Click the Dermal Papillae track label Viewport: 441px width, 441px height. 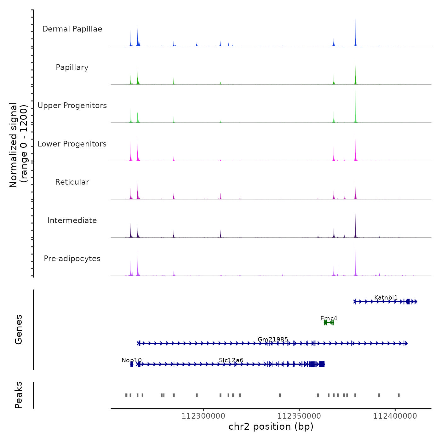tap(72, 29)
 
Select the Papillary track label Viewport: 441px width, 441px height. tap(72, 67)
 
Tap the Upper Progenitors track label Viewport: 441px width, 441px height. tap(72, 106)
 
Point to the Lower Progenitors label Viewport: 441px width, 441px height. tap(72, 144)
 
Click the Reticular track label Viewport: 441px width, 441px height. tap(72, 182)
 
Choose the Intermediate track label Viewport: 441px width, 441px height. tap(72, 220)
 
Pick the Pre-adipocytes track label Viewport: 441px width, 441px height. tap(72, 259)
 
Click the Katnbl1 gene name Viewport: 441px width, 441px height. tap(386, 298)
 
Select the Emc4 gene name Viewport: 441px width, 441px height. tap(329, 318)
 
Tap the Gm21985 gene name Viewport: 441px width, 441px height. tap(273, 339)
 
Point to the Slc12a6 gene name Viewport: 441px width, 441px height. tap(231, 360)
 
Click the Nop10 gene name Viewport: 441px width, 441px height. tap(132, 360)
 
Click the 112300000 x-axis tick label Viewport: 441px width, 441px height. tap(203, 416)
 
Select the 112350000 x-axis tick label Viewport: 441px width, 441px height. tap(299, 416)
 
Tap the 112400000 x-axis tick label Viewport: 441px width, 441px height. tap(395, 416)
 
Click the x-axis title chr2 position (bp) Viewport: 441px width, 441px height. tap(271, 427)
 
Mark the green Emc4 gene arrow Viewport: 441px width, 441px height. tap(329, 323)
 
